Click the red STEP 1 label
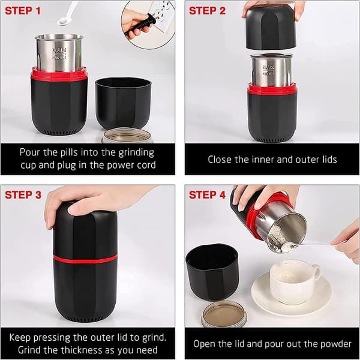pos(23,11)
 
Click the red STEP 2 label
pos(207,11)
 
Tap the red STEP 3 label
pos(23,195)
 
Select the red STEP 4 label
pos(207,195)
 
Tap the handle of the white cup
pos(317,271)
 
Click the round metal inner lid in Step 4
pos(224,314)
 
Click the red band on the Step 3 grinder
pos(85,259)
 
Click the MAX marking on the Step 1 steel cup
pos(59,50)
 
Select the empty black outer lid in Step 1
pos(123,103)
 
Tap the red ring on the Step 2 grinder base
pos(272,89)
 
